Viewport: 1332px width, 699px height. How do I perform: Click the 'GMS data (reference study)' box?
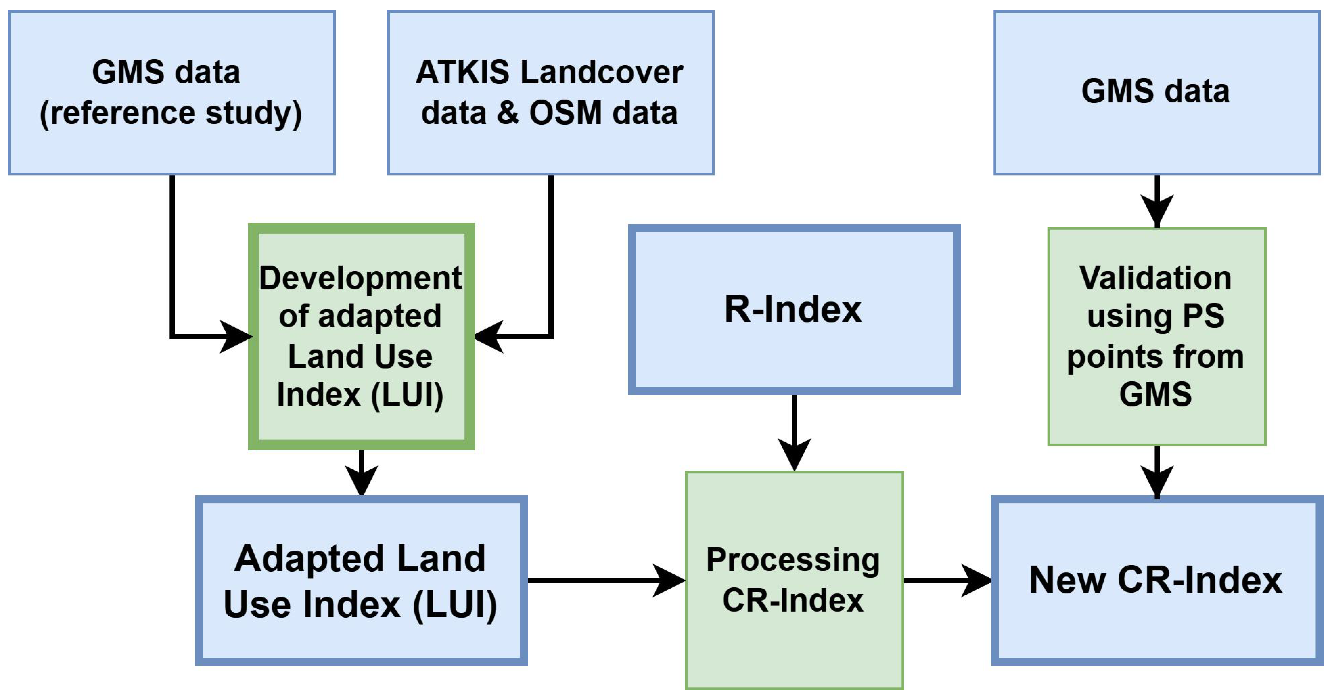(172, 93)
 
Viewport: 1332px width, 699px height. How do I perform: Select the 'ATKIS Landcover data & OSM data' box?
(551, 93)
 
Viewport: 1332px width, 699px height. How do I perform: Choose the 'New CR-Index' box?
(1156, 580)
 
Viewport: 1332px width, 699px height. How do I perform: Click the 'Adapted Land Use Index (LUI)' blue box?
(361, 580)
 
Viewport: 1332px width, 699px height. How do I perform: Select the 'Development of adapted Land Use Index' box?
(361, 336)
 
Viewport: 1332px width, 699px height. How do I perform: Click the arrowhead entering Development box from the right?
(490, 337)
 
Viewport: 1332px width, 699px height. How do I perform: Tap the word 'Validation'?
(1155, 278)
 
